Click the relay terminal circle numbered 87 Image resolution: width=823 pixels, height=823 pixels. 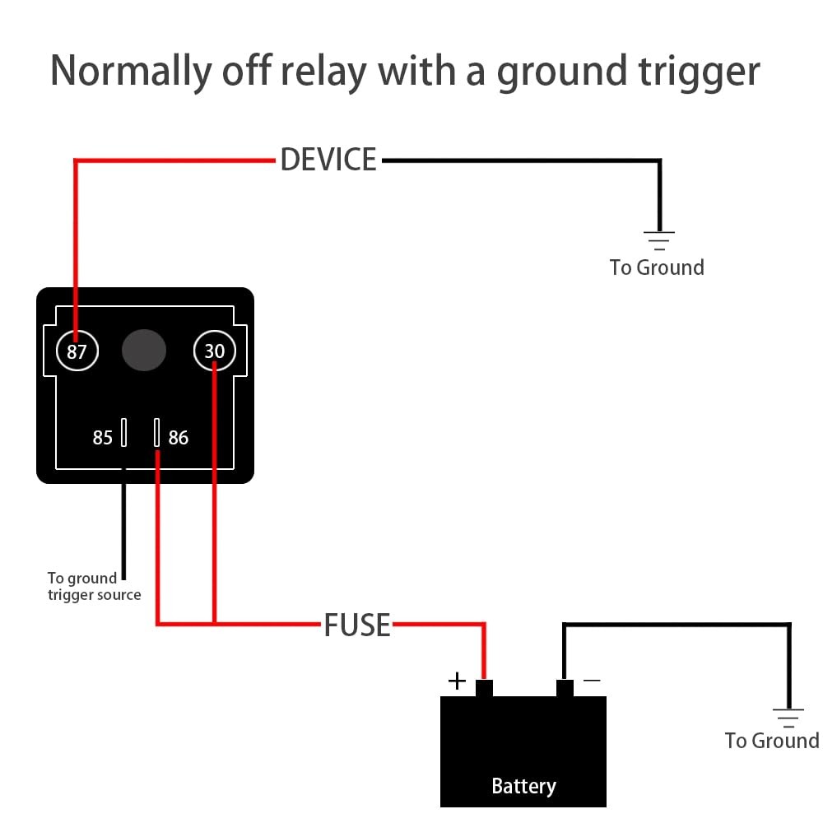[x=77, y=351]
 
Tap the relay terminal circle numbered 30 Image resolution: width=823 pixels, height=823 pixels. [x=214, y=351]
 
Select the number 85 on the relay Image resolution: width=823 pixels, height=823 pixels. [x=102, y=438]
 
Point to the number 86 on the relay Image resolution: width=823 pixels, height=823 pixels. [x=179, y=438]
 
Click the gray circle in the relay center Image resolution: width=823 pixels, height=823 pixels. [x=144, y=351]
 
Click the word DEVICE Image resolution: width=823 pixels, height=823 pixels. [x=328, y=160]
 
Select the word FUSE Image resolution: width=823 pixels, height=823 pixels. [x=356, y=625]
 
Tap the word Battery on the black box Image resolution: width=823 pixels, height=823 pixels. [x=523, y=786]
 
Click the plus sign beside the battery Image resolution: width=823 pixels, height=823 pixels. [x=457, y=681]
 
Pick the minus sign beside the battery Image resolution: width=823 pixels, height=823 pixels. [x=591, y=681]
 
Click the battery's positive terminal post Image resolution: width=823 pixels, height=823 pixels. [x=484, y=688]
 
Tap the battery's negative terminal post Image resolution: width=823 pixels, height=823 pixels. [x=565, y=688]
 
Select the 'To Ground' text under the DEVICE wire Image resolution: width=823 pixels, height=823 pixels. [x=657, y=267]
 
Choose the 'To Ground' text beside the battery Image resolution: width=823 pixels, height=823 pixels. [x=771, y=741]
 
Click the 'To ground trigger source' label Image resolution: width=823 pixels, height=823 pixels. [x=94, y=587]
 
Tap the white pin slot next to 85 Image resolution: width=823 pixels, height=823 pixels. [x=124, y=432]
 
